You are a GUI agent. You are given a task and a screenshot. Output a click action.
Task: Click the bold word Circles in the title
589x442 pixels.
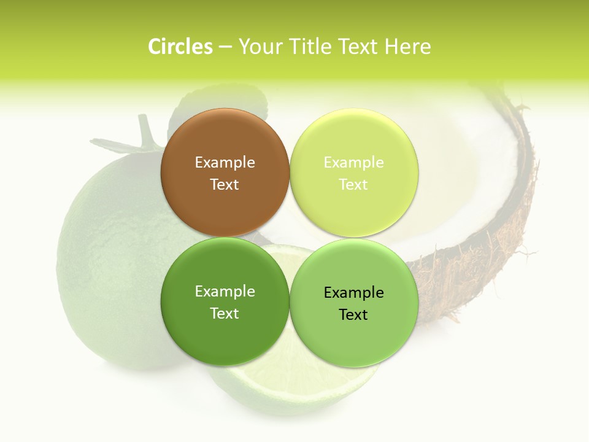pos(180,47)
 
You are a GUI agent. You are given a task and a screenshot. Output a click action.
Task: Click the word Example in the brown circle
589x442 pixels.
pos(225,163)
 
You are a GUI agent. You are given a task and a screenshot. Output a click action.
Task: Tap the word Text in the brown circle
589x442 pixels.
pos(225,185)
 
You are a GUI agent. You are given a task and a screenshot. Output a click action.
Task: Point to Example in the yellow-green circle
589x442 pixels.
pos(354,163)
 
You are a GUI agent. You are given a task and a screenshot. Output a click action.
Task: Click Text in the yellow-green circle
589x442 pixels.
pos(354,185)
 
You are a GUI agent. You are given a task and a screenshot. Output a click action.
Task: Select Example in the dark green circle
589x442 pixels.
pos(225,292)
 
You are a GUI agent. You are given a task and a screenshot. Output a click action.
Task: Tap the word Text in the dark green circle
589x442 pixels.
pos(225,314)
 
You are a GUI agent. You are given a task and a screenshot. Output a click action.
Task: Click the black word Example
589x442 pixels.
pos(354,293)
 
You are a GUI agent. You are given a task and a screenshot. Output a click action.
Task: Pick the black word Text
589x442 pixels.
pos(354,315)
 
